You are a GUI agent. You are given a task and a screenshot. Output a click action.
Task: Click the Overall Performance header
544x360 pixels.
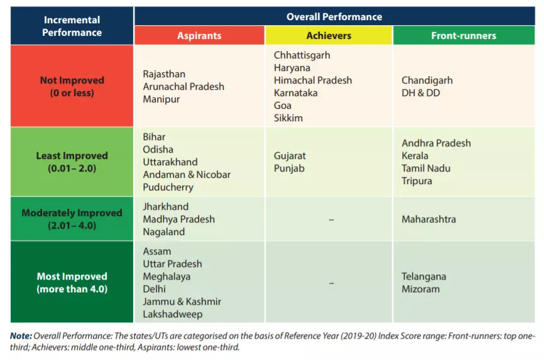point(334,16)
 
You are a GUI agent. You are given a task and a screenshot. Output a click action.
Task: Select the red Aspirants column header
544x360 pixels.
point(199,35)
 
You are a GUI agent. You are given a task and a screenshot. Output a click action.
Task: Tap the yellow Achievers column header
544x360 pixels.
point(329,35)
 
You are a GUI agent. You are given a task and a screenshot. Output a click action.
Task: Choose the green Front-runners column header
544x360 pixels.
point(464,35)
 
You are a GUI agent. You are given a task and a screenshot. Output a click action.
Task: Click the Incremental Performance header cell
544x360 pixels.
point(72,26)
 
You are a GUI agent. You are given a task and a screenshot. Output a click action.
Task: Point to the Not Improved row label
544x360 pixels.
point(72,86)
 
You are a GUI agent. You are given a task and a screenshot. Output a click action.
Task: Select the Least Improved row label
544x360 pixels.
point(72,161)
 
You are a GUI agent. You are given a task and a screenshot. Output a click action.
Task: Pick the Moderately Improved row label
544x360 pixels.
point(72,219)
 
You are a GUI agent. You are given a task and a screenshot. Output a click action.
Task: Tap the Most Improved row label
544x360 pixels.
point(72,282)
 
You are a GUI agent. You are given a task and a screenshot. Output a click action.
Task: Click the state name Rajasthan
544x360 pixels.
point(165,74)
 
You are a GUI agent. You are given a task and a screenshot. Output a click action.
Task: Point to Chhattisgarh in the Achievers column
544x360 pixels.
point(302,55)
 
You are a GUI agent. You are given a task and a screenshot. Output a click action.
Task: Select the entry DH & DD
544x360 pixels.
point(421,93)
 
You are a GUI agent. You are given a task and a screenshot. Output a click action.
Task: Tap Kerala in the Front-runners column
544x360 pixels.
point(415,156)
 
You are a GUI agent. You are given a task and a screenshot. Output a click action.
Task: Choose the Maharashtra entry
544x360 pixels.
point(429,219)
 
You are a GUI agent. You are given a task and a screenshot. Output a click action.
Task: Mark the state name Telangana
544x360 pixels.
point(424,276)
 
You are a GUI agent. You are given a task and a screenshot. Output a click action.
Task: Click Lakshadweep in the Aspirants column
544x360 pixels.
point(173,314)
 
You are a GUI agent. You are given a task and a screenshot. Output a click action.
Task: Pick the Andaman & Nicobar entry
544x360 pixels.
point(187,175)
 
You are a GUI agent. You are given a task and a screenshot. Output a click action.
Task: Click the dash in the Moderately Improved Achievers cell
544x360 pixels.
point(331,219)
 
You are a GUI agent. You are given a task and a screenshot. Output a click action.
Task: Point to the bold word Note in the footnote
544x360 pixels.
point(20,335)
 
